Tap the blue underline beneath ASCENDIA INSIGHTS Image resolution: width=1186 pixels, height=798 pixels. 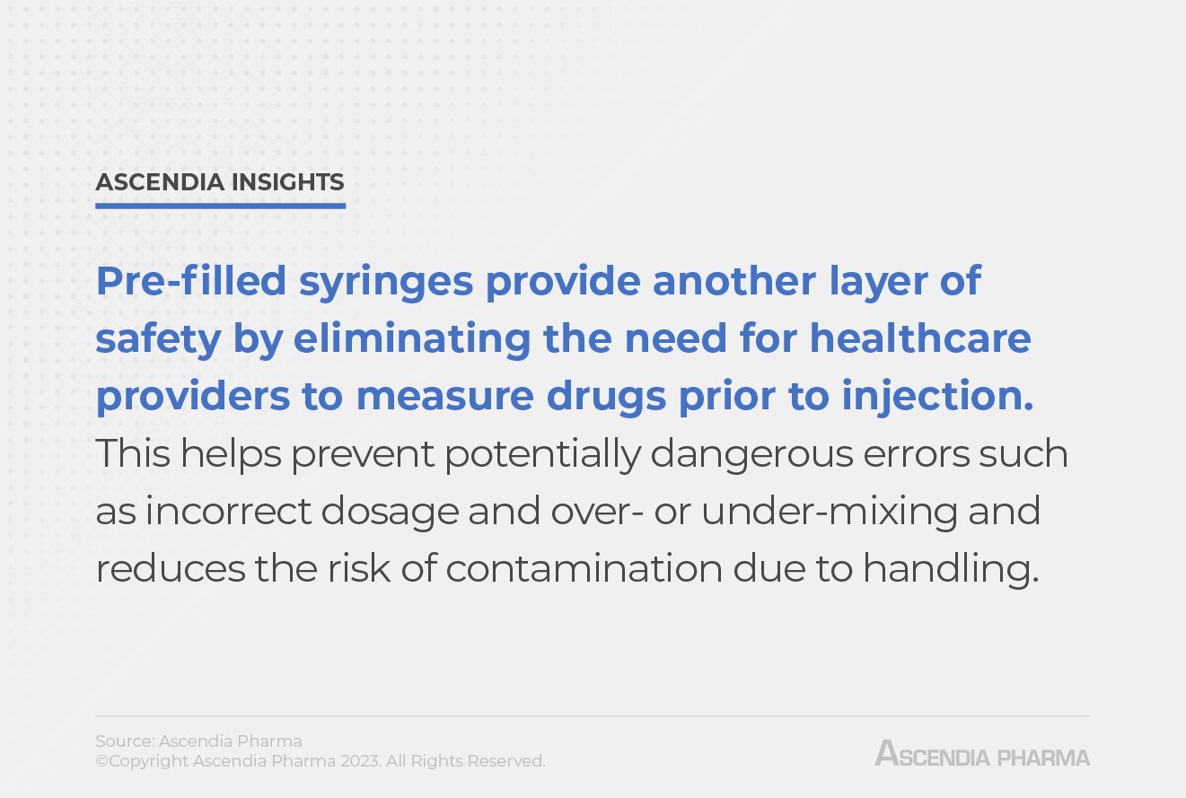tap(220, 206)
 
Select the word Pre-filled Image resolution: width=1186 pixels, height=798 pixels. tap(190, 281)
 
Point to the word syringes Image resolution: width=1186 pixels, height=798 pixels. tap(386, 283)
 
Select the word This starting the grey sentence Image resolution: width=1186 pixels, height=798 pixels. tap(133, 453)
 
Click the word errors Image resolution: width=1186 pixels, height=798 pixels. tap(906, 455)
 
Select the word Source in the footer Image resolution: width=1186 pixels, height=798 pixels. tap(124, 741)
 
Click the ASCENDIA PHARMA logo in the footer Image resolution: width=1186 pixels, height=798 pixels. tap(982, 754)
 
